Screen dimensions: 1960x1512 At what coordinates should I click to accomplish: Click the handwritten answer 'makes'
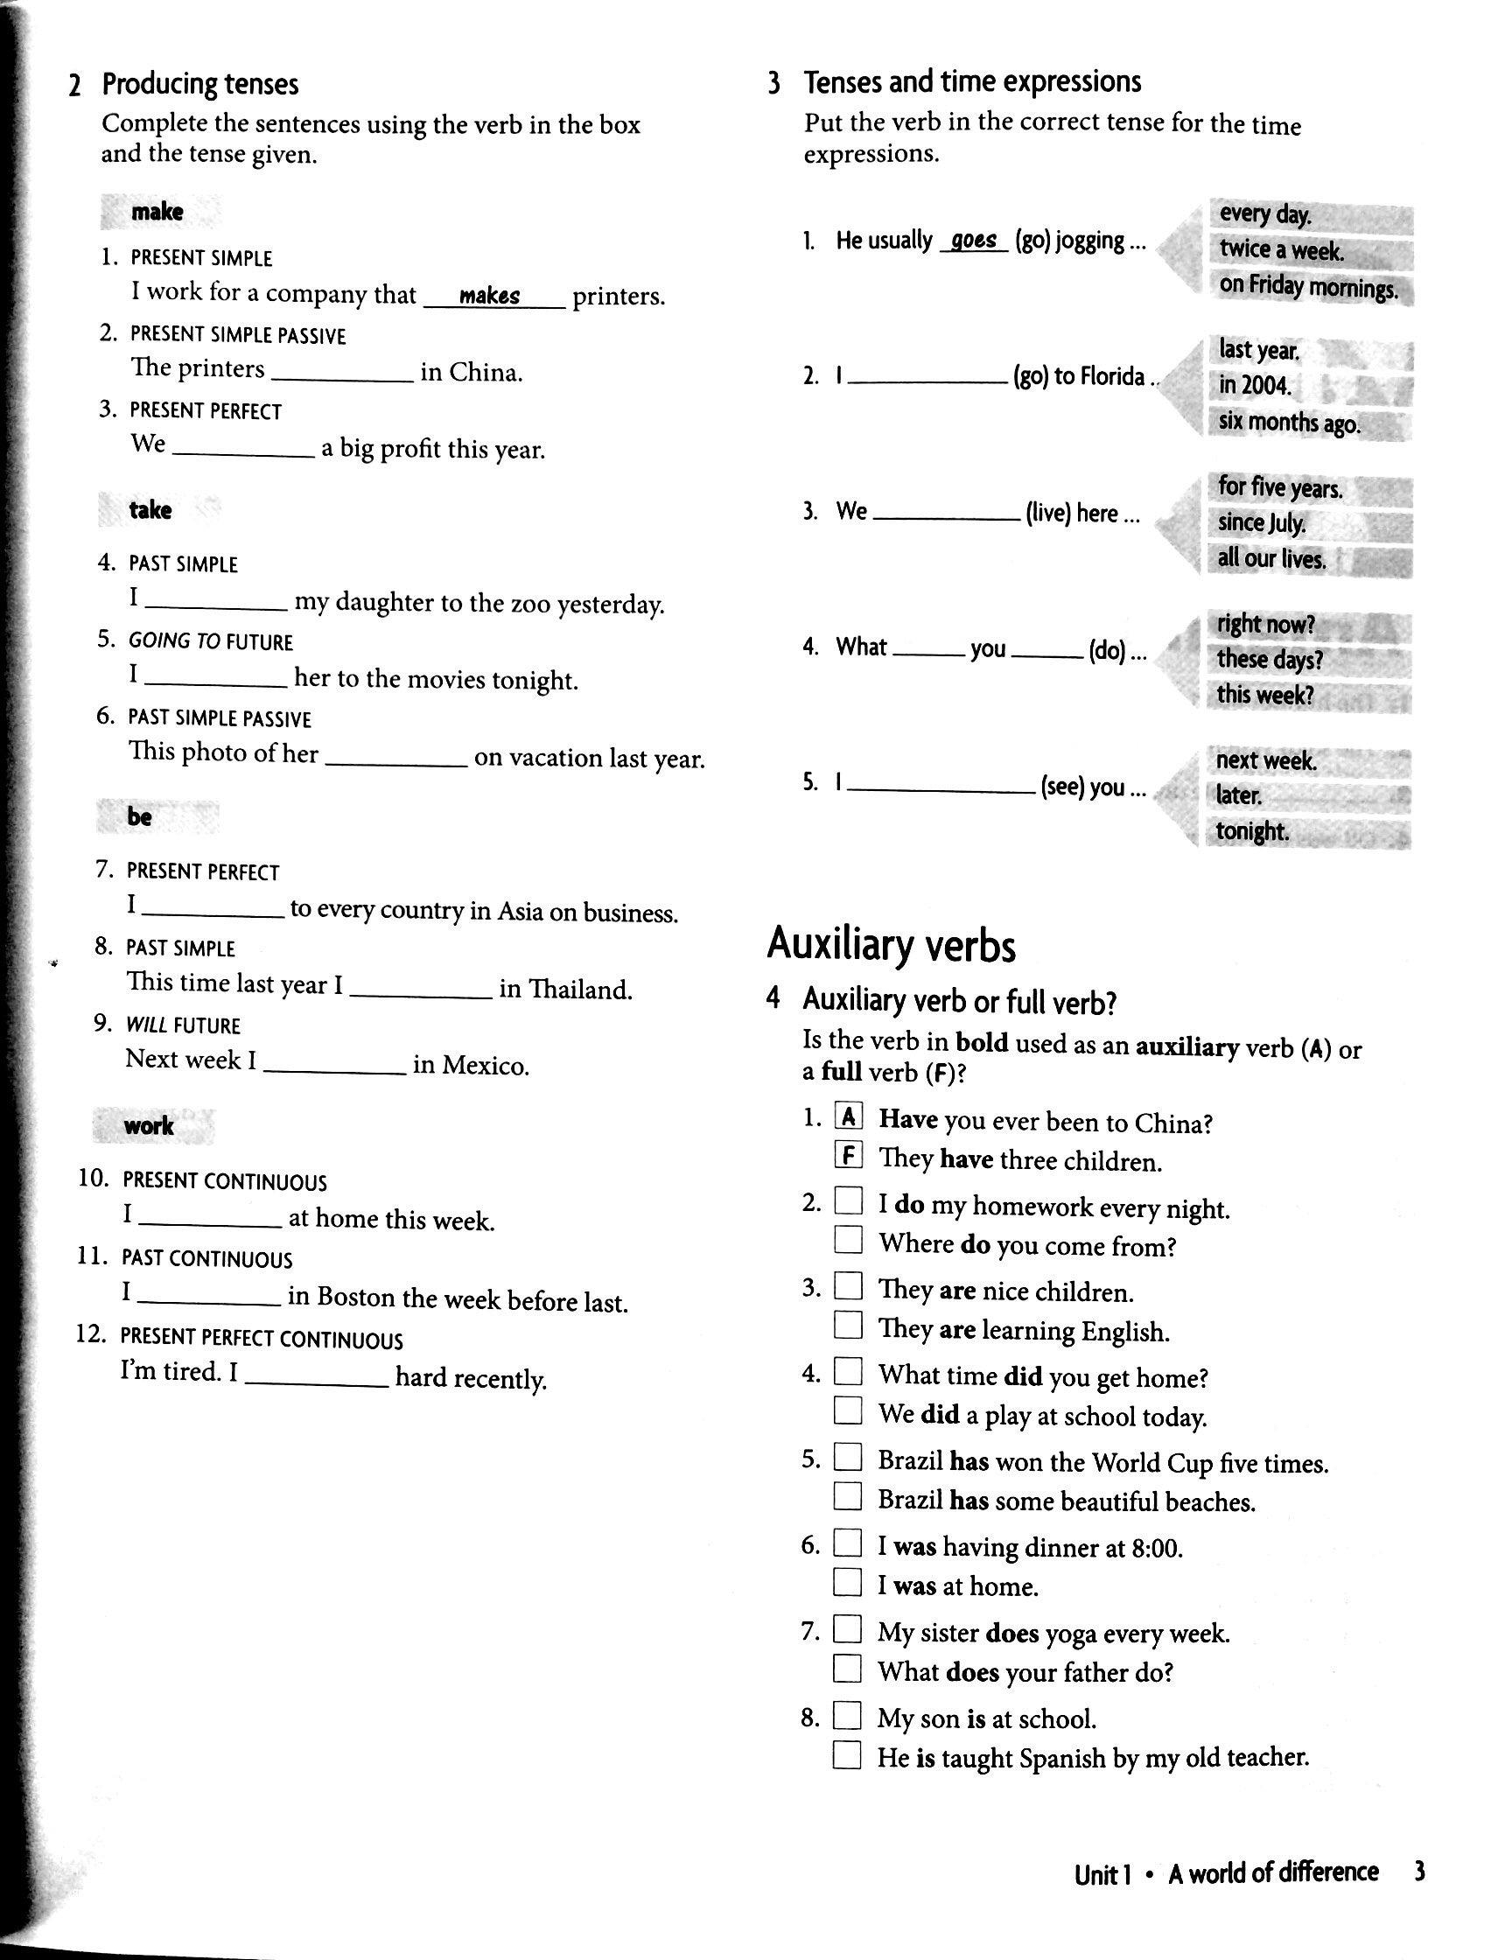489,295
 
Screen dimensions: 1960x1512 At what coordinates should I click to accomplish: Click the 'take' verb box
150,510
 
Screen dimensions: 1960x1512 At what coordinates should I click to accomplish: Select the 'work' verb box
149,1125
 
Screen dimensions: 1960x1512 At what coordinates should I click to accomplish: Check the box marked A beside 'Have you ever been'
848,1117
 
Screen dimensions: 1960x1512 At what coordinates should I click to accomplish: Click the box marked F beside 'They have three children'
848,1156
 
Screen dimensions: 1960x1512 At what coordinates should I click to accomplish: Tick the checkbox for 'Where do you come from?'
848,1240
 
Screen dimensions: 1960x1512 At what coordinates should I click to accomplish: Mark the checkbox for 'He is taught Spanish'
846,1753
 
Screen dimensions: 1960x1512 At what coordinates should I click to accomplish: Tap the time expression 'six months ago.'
1289,422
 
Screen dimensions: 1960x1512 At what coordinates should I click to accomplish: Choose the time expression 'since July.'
1261,522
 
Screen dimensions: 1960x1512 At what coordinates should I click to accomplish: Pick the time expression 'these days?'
1269,660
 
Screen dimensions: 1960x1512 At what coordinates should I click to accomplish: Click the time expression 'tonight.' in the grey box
1252,831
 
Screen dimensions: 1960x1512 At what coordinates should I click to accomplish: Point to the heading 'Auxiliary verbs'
891,945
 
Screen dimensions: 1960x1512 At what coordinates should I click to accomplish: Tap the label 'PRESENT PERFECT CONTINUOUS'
262,1339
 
